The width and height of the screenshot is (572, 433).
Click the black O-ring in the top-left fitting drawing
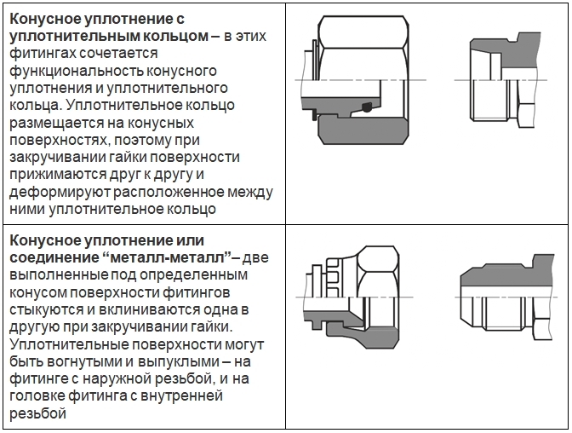[366, 108]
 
